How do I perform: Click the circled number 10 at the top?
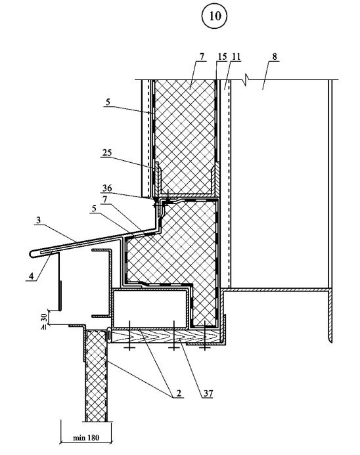point(215,16)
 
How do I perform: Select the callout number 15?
point(222,56)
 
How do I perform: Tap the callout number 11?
point(236,56)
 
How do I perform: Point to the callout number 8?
point(275,56)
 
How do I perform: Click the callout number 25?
point(107,152)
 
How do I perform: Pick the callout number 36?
point(107,188)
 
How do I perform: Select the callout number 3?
point(38,220)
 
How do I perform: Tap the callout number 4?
point(32,276)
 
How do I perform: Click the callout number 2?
point(179,393)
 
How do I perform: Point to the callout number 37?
point(208,393)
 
